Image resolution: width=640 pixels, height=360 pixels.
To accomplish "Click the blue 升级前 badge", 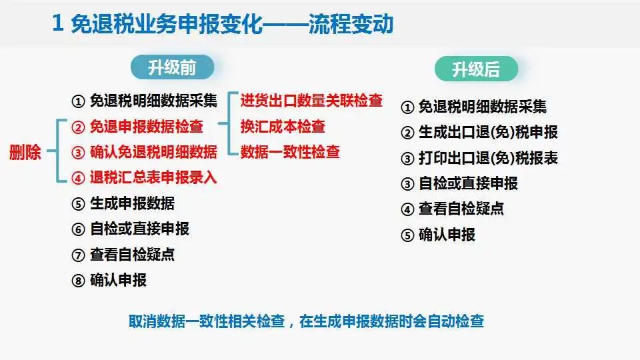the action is click(172, 67).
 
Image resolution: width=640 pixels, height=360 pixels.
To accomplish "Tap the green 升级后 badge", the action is click(476, 69).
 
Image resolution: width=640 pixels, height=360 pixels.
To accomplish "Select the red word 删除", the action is click(25, 152).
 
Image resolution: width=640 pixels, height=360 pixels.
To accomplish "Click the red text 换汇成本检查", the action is click(283, 127).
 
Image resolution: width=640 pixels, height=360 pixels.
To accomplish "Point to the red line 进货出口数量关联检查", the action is click(311, 101).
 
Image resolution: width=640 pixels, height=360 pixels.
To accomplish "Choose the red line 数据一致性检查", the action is click(290, 152).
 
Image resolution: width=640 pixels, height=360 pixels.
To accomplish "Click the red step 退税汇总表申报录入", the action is click(153, 177).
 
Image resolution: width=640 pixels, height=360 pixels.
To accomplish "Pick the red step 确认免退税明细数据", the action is click(153, 152).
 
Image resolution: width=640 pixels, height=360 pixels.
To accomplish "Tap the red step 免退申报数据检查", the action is click(147, 127).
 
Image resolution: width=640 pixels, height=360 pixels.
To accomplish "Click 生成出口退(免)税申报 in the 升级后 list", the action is click(488, 132).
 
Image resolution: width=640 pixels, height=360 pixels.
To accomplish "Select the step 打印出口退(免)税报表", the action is click(488, 158).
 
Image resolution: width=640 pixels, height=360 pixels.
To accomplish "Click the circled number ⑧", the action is click(78, 281).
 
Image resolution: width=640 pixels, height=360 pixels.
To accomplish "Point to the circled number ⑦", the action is click(78, 255).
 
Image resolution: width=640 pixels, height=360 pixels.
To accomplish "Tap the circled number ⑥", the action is click(78, 229).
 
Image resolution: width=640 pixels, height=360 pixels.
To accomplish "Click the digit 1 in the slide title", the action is click(57, 23).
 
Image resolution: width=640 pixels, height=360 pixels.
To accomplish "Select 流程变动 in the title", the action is click(351, 24).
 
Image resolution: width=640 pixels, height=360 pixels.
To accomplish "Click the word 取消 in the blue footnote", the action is click(143, 321).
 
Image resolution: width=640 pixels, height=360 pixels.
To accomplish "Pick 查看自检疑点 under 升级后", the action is click(461, 209).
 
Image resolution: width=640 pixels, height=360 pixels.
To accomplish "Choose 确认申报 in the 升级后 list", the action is click(447, 235).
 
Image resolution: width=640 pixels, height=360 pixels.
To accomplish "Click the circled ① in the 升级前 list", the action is click(78, 101).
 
